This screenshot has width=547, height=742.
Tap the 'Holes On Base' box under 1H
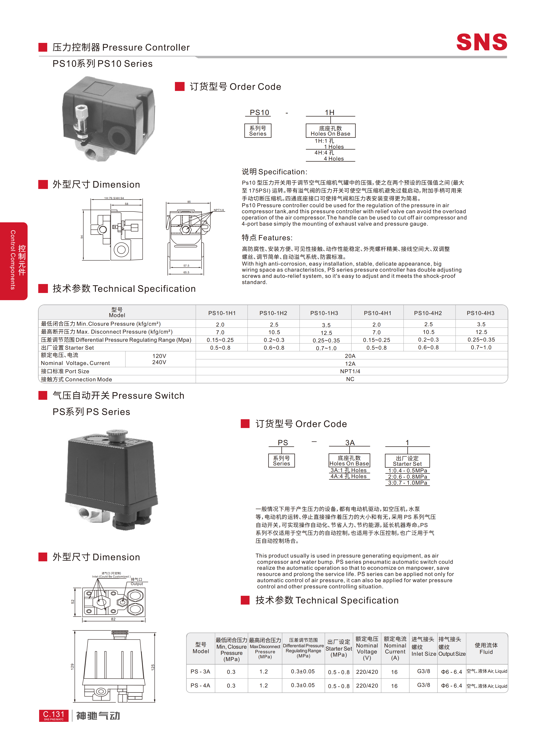point(330,131)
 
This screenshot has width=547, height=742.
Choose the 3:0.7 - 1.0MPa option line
point(408,483)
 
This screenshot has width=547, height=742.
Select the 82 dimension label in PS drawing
point(113,619)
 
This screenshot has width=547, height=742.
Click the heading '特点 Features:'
point(267,238)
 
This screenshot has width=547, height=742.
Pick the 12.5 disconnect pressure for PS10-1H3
point(326,333)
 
